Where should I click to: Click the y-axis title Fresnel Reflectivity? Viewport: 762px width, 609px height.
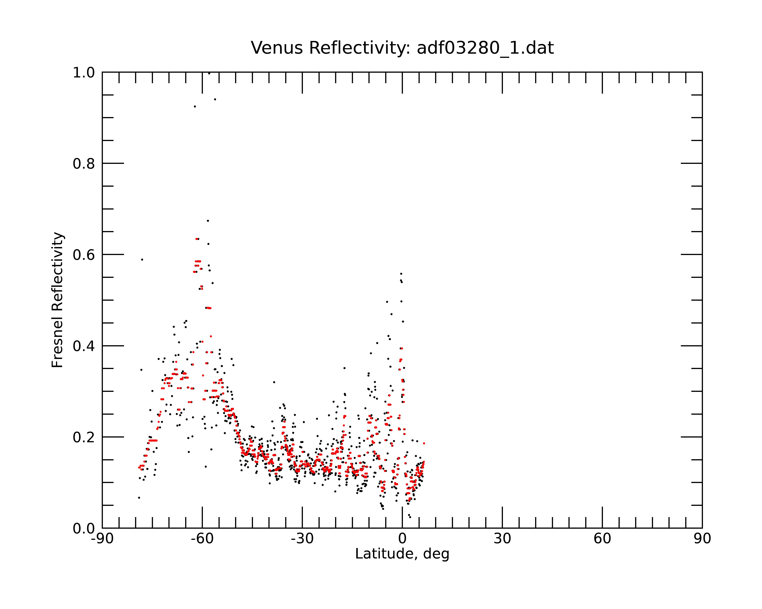coord(57,300)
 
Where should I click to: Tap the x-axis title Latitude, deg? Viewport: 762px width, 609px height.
coord(402,554)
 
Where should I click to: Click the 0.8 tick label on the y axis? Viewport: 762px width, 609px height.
coord(84,164)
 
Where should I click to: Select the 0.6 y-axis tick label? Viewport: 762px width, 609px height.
coord(84,255)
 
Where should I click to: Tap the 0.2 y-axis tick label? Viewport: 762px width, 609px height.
coord(84,437)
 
